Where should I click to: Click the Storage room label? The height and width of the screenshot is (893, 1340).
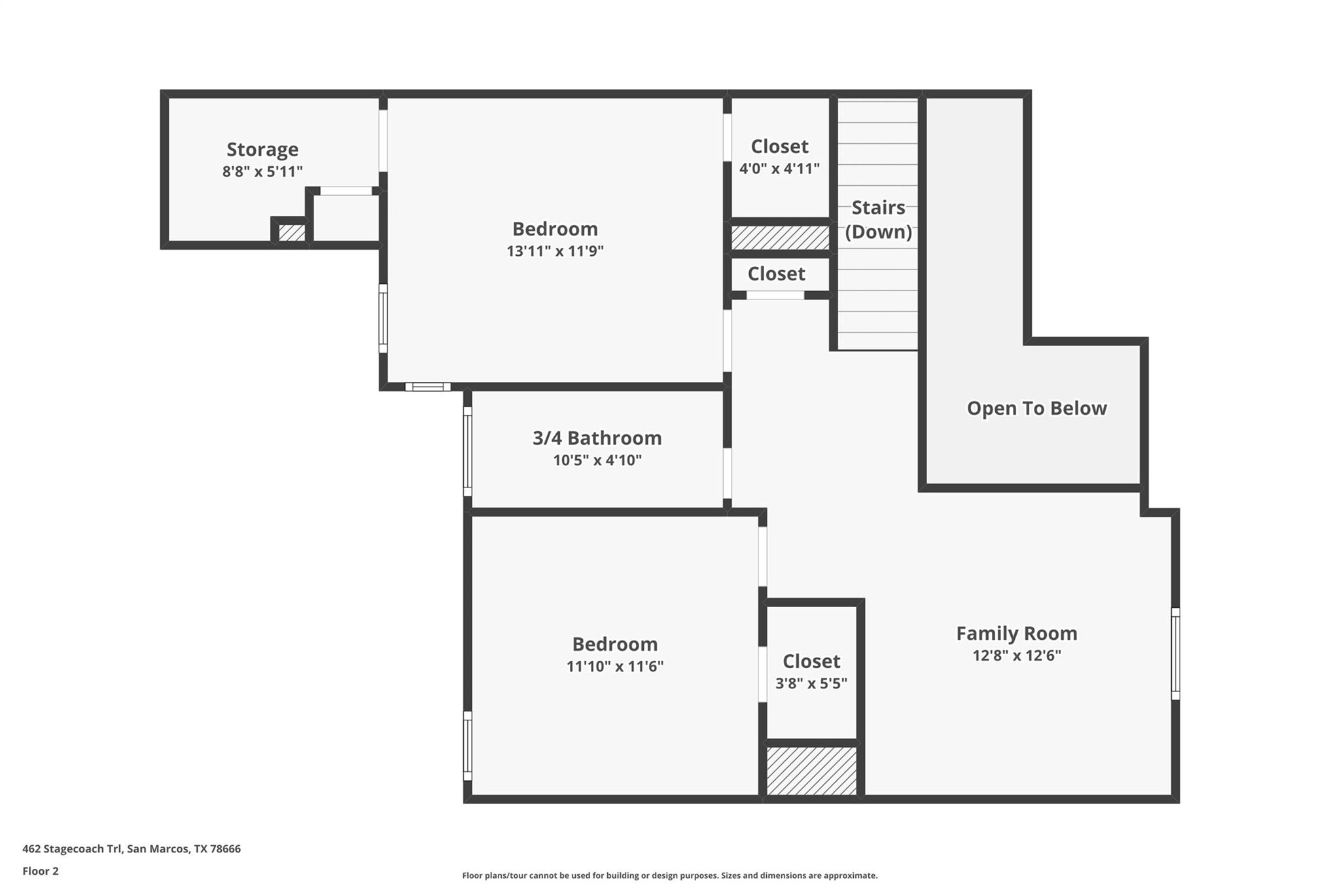(262, 149)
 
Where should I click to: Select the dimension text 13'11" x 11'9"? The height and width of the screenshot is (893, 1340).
(555, 251)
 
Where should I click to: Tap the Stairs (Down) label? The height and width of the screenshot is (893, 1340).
(878, 219)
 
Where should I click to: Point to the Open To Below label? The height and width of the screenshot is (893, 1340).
(1036, 408)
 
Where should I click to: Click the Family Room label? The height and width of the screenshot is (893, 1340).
(1016, 633)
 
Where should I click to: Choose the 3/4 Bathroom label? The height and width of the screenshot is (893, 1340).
(597, 438)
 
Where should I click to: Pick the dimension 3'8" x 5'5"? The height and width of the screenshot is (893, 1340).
(811, 684)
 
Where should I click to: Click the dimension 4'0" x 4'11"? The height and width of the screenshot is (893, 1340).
(779, 169)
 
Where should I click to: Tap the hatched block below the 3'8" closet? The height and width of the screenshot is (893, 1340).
(811, 771)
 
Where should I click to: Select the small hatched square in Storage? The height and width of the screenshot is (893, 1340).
(292, 232)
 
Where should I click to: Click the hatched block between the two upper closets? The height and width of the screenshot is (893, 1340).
(780, 237)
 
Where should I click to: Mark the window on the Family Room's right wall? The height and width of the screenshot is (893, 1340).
(1175, 654)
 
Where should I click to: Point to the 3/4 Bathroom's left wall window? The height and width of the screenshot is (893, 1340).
(467, 451)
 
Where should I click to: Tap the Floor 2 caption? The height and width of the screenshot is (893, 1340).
(41, 871)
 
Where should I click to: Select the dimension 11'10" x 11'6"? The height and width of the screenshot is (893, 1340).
(615, 667)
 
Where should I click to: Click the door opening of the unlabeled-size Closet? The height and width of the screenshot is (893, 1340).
(775, 296)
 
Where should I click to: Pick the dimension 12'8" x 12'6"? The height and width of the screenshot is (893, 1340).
(1016, 656)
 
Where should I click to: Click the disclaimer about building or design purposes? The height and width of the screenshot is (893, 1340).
(669, 875)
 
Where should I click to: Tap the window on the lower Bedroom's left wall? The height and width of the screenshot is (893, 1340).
(467, 746)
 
